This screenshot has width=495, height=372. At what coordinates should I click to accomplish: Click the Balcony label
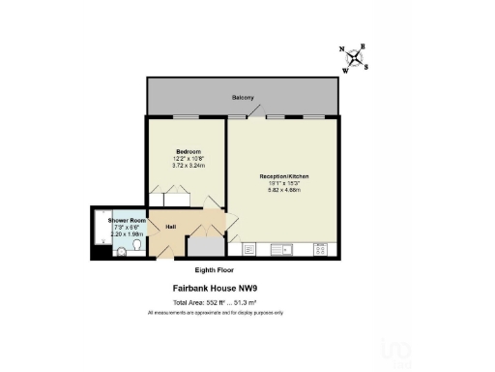(243, 98)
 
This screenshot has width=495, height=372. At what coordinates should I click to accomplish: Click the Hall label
(171, 227)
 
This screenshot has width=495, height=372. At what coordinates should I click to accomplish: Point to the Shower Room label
(127, 221)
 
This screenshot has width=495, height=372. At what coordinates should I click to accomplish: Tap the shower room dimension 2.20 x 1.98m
(127, 234)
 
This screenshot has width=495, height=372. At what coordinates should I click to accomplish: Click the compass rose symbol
(357, 57)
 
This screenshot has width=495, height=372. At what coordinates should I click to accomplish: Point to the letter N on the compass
(342, 49)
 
